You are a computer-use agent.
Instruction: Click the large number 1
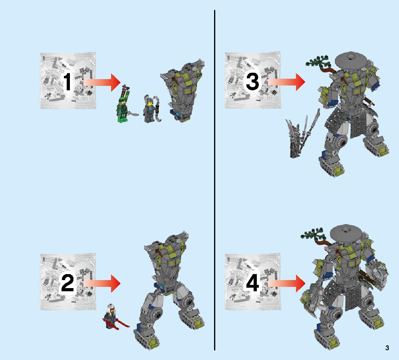coord(67,82)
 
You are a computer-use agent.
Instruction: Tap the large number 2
coord(67,283)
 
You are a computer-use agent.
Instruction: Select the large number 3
coord(252,82)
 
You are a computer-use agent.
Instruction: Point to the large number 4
coord(252,283)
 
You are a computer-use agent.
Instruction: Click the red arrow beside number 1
coord(102,82)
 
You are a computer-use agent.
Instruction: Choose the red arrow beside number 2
coord(102,283)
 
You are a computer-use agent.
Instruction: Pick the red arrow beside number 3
coord(286,82)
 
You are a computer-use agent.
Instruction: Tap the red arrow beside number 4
coord(286,283)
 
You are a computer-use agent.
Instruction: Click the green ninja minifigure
coord(124,104)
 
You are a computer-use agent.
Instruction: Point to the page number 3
coord(387,348)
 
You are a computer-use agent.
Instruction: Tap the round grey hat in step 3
coord(351,60)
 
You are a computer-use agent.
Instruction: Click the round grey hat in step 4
coord(346,234)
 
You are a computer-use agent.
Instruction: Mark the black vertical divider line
coord(215,180)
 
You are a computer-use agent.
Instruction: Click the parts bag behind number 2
coord(68,282)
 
